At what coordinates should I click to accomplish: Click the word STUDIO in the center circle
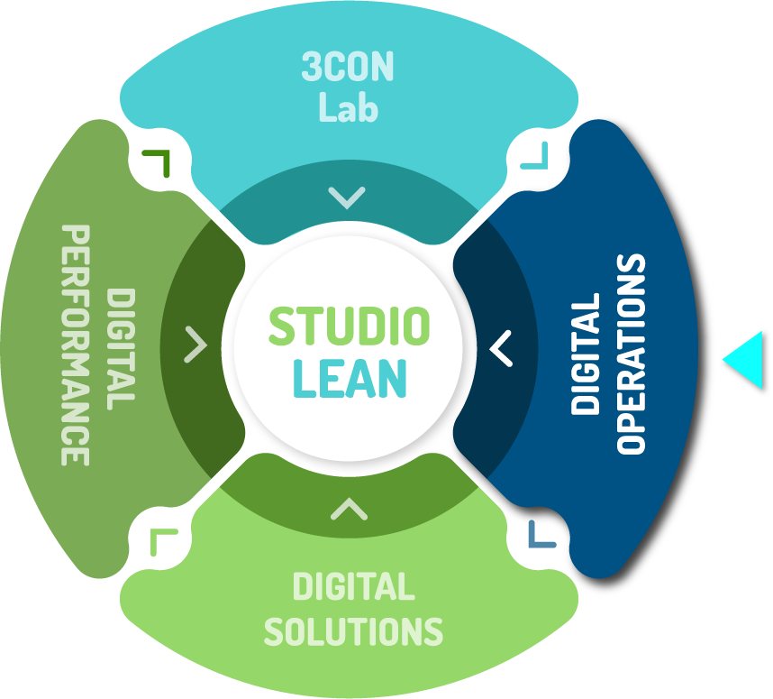[349, 327]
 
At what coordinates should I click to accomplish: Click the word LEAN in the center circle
[350, 379]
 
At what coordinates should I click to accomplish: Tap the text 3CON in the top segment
[348, 69]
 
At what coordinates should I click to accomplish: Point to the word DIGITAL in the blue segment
[586, 354]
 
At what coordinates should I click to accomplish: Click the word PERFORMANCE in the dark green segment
[76, 345]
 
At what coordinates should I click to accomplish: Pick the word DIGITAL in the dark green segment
[121, 348]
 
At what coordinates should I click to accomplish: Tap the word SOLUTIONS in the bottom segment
[353, 630]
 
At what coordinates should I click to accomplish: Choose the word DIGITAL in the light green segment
[353, 588]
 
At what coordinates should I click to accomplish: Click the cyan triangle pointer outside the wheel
[746, 360]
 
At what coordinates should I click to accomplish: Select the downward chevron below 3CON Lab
[347, 197]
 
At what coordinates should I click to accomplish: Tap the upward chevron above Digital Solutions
[349, 510]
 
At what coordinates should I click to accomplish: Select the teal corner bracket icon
[535, 158]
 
